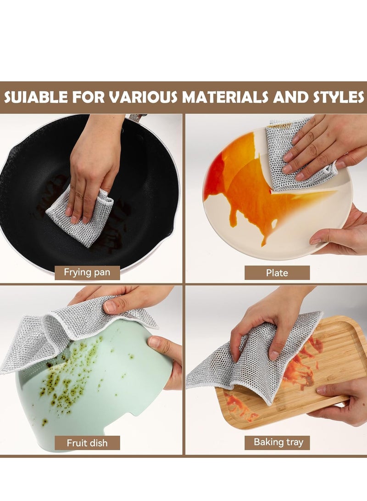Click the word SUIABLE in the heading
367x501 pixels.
[34, 97]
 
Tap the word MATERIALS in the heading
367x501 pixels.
[233, 97]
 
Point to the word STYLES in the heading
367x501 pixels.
[339, 97]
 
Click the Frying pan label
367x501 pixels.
[87, 272]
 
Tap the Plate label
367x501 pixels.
[277, 273]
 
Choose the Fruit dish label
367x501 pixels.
[87, 443]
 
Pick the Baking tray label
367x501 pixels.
[278, 443]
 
